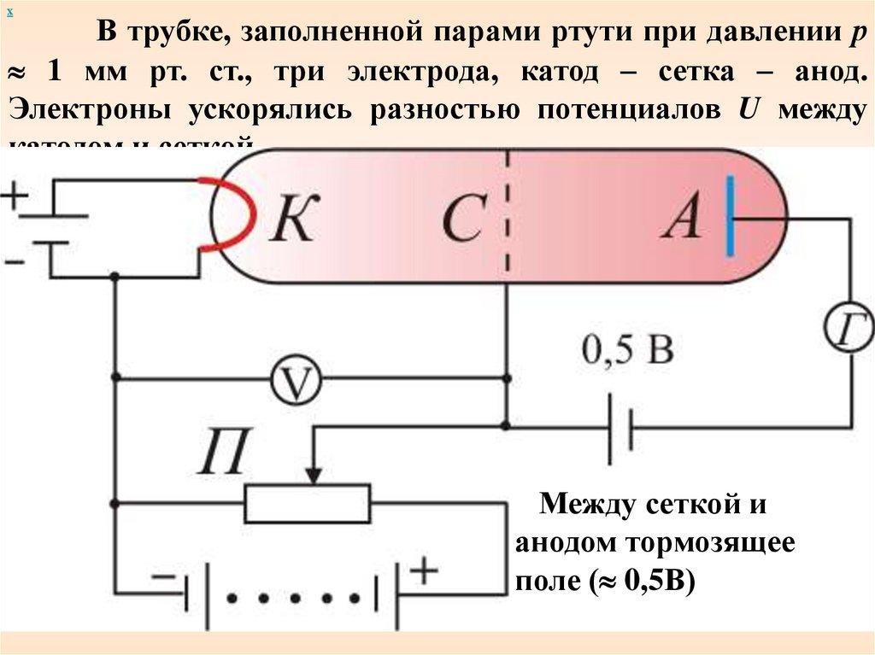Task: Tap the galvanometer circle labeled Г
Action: point(849,328)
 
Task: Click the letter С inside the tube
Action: point(465,220)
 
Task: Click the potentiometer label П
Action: point(224,452)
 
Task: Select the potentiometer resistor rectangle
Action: point(308,503)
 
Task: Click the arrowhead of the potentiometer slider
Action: point(314,474)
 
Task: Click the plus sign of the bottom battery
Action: point(423,570)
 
